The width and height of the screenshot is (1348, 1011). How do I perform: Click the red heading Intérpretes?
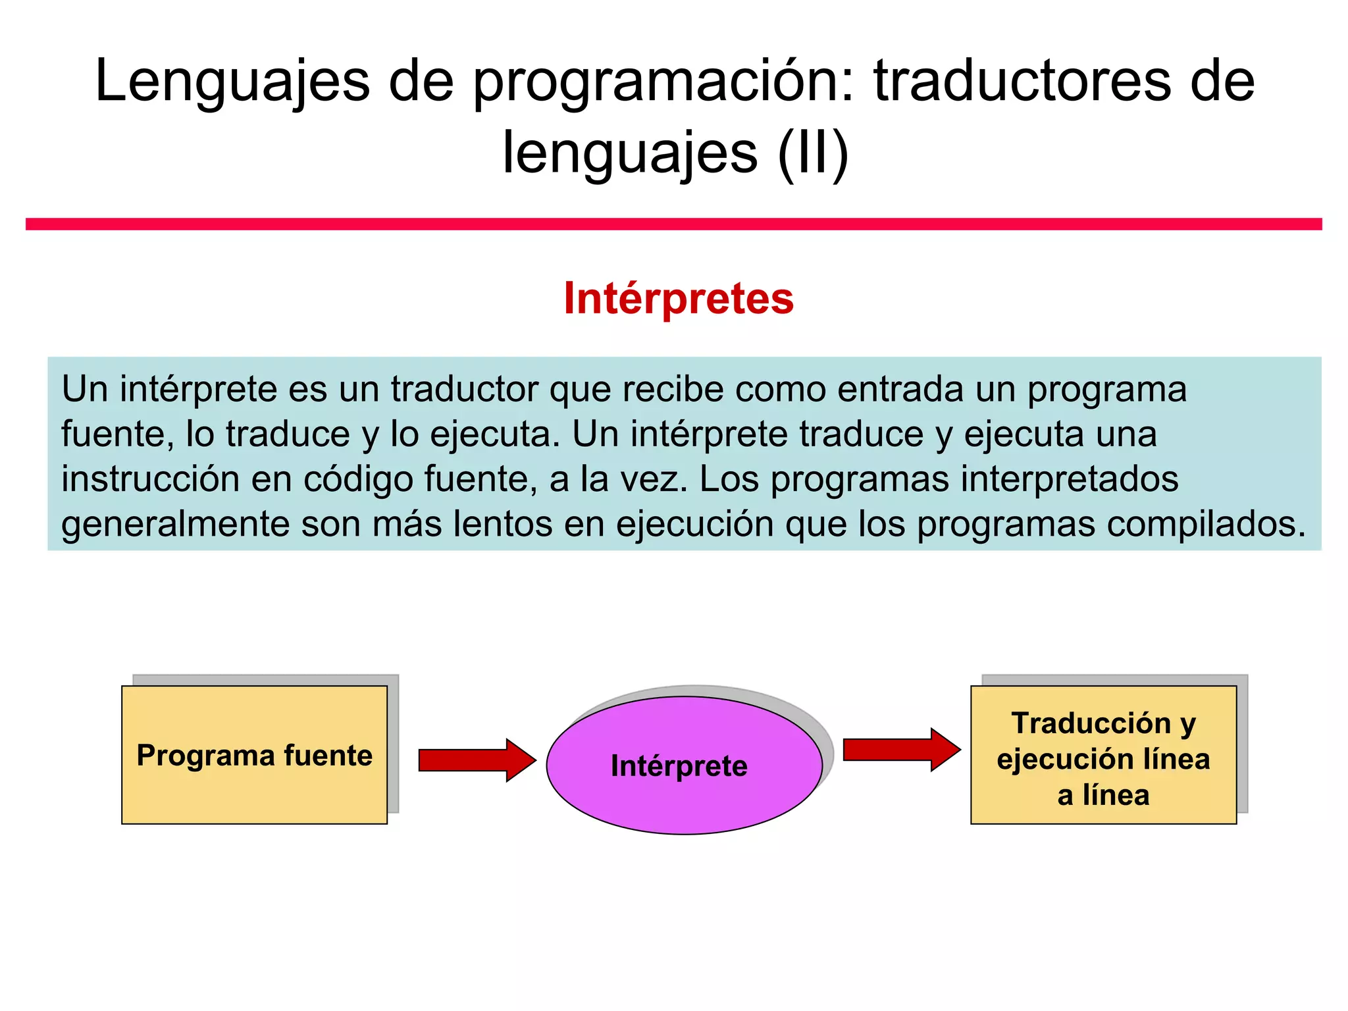point(679,299)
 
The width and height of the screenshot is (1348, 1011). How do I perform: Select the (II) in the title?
point(813,153)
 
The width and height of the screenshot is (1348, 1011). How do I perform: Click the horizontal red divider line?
point(674,224)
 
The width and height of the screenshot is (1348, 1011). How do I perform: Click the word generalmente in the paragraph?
point(175,524)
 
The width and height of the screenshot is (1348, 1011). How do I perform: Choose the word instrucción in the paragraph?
point(150,479)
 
